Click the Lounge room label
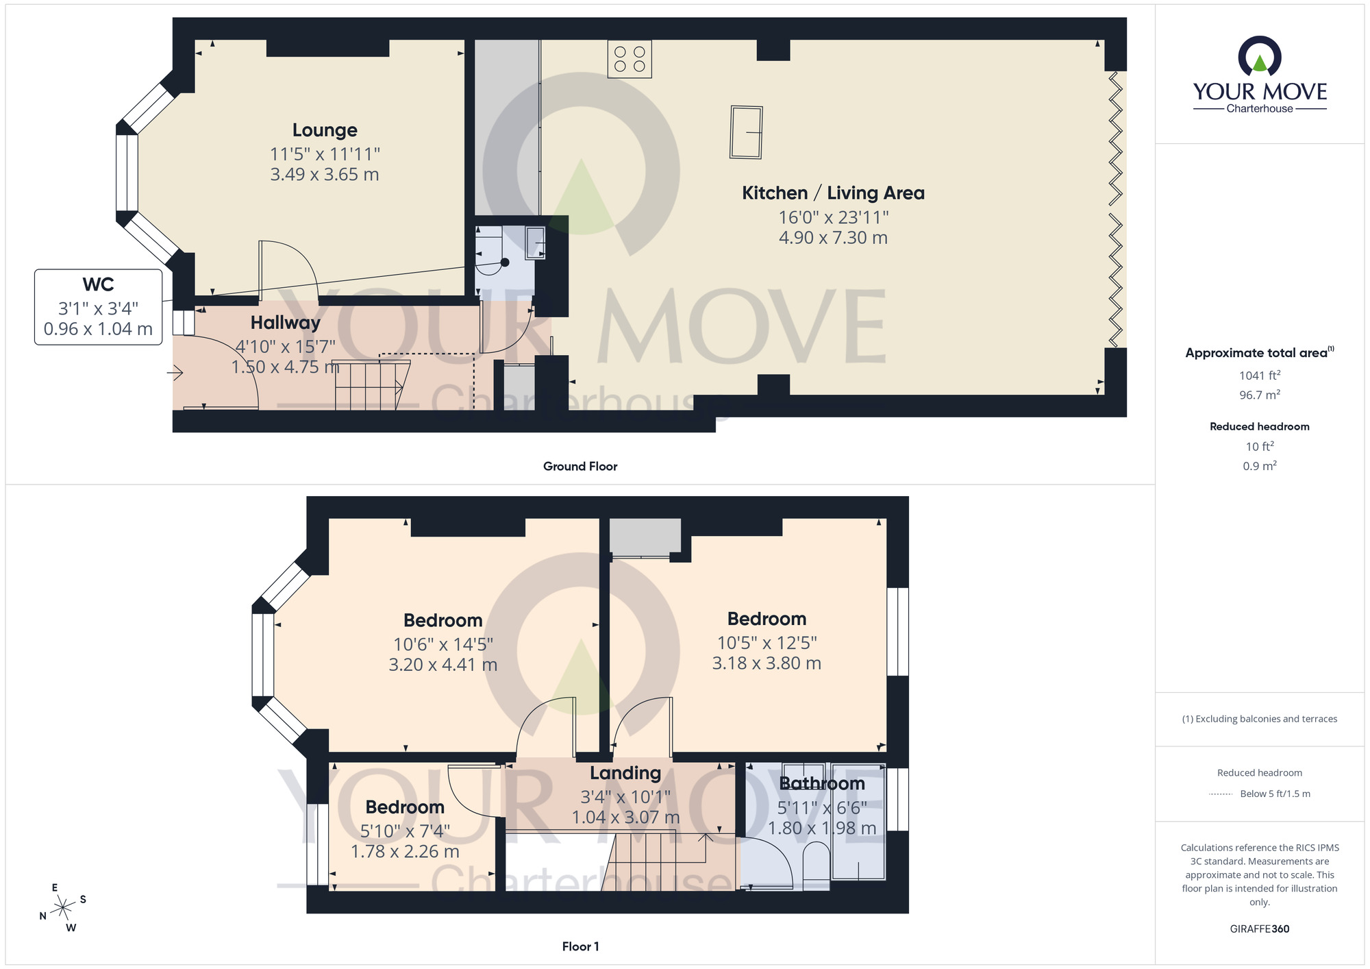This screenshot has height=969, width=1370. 325,130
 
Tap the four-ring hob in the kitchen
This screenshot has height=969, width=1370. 630,59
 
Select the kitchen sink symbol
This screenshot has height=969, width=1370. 746,132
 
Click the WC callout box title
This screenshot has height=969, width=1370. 98,284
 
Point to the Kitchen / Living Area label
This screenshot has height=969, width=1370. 833,193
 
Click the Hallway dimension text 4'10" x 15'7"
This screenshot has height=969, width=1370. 286,347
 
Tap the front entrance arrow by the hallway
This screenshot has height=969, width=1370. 175,373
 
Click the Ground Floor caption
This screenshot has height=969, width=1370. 580,467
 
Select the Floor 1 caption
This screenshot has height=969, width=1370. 580,946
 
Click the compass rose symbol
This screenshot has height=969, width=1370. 63,908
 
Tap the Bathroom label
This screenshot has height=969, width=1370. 822,783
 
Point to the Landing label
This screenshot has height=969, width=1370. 625,773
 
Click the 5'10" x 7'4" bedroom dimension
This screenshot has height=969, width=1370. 405,831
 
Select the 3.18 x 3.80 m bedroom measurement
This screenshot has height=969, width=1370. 767,663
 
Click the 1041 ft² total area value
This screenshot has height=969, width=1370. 1260,375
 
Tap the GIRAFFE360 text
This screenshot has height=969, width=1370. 1260,929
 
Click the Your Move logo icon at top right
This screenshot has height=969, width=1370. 1260,56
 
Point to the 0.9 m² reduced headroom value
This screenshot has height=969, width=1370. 1260,465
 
